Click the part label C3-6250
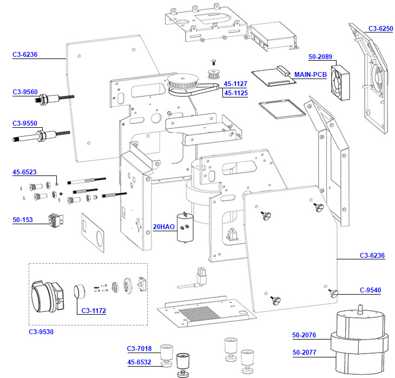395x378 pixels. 380,29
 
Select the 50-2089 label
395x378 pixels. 320,56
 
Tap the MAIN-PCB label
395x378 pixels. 311,74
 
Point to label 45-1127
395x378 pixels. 235,84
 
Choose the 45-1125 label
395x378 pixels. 235,93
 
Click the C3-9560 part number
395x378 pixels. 25,92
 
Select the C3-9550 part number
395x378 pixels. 25,123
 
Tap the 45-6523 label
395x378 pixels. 24,172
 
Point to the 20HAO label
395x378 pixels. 163,227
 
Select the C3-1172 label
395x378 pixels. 93,311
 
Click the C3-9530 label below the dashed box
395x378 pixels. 41,331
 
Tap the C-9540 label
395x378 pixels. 370,290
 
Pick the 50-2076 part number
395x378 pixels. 304,335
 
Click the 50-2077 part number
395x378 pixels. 304,353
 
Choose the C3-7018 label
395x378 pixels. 139,348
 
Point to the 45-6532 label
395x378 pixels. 139,362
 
